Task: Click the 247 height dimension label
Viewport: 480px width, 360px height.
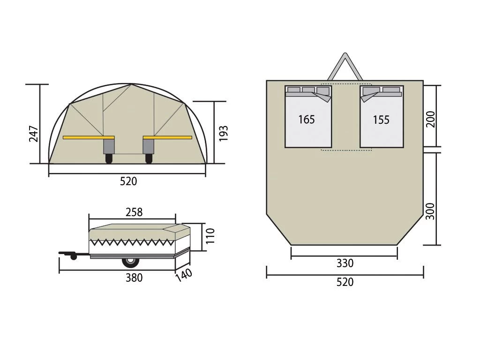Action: coord(33,134)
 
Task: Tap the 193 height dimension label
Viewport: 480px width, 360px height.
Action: coord(224,133)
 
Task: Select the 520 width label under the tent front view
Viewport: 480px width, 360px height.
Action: coord(128,181)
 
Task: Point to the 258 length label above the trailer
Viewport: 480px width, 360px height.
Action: coord(134,212)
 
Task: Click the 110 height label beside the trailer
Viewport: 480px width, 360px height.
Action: coord(210,236)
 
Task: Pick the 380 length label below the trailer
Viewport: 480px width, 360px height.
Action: coord(134,277)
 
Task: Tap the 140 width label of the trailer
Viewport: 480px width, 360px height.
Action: coord(184,275)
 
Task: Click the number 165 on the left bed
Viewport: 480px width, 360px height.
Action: coord(307,120)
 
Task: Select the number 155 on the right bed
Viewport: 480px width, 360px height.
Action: coord(381,120)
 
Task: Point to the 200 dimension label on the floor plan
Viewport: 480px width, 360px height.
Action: coord(430,120)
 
